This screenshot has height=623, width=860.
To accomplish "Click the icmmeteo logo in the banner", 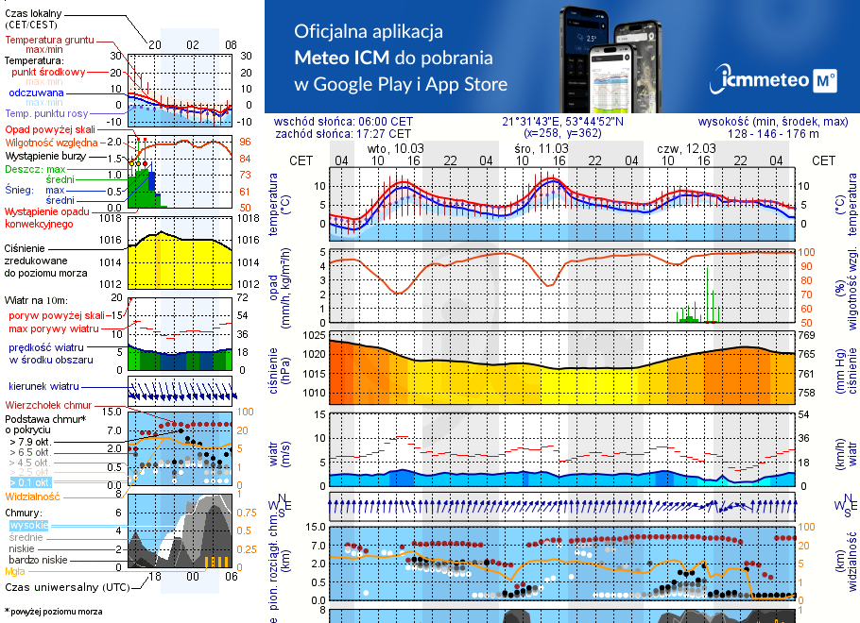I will [777, 80].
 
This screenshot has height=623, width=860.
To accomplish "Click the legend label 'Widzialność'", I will [33, 495].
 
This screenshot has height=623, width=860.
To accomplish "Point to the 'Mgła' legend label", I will [15, 571].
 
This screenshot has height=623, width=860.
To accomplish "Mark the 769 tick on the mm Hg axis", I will [806, 335].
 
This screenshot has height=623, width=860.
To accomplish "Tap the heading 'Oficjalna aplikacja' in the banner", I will [369, 31].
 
